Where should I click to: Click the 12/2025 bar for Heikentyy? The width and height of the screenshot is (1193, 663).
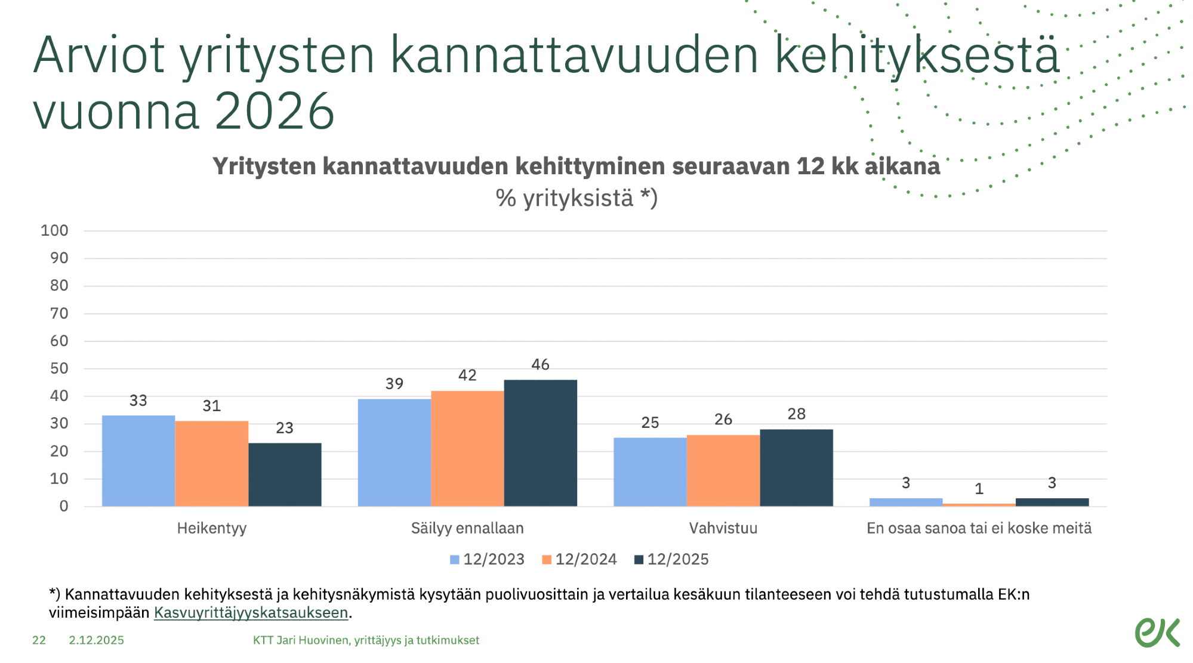point(285,474)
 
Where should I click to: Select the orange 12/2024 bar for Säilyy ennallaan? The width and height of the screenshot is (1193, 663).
point(467,448)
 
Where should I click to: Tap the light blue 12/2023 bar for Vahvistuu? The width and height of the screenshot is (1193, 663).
point(650,471)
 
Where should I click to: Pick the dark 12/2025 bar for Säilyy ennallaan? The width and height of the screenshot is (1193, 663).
point(540,443)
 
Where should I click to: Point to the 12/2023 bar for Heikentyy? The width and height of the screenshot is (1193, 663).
point(138,461)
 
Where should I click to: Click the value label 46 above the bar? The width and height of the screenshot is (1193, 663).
point(540,365)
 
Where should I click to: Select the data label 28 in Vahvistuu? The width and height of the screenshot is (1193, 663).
point(796,414)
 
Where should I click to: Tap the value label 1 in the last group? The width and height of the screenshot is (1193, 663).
point(979,489)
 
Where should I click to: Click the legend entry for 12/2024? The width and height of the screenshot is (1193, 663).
point(579,560)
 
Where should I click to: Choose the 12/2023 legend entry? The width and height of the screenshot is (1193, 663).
point(487,560)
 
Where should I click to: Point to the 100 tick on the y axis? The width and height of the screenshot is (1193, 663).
point(54,231)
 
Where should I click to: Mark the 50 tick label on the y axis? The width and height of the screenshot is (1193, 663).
point(58,369)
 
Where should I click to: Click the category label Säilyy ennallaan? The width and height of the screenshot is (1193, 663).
point(467,528)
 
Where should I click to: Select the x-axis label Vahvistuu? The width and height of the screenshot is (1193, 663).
point(723,528)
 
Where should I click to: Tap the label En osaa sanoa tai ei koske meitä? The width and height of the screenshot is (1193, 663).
point(979,528)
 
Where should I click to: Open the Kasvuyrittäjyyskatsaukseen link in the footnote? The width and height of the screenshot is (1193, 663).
point(251,613)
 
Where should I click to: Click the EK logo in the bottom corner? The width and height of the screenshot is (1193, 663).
point(1157,632)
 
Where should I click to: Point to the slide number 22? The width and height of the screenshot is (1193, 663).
point(39,640)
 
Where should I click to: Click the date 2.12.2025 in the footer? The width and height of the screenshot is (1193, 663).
point(96,640)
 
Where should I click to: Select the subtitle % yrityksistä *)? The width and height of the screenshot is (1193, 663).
point(576,198)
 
